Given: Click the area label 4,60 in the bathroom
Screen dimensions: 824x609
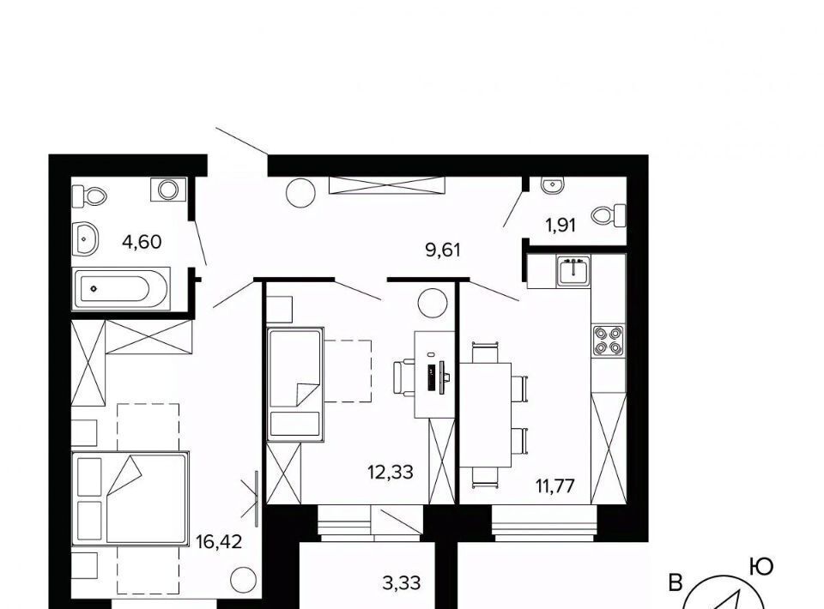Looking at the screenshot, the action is (x=142, y=242).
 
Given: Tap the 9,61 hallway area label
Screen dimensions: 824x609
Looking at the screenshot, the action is (x=443, y=250).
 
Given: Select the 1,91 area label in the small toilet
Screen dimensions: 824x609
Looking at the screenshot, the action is (x=560, y=226).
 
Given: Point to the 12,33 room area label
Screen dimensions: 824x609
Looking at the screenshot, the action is (x=391, y=473).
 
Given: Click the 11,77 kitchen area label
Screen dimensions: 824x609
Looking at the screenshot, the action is (x=555, y=485).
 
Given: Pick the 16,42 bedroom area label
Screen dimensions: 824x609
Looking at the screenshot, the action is (x=219, y=541).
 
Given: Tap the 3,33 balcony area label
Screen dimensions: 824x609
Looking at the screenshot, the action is (x=402, y=582).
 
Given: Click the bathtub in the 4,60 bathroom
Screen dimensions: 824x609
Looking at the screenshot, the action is (x=121, y=288).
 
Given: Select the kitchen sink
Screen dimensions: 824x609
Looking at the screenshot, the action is (x=574, y=271).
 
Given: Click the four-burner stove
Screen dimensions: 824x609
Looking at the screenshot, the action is (x=609, y=340).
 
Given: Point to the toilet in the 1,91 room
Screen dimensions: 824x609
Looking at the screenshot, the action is (x=609, y=215).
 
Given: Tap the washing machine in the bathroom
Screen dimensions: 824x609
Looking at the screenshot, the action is (x=168, y=190).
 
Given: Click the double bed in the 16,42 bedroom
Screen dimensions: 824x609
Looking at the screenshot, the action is (x=130, y=497).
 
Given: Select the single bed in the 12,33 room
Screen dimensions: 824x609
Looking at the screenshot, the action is (x=294, y=384).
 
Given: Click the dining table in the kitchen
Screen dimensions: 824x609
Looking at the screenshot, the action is (x=486, y=415).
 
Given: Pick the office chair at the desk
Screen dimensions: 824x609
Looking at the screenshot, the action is (x=404, y=377).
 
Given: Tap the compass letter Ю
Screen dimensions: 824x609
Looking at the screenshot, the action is (x=761, y=567).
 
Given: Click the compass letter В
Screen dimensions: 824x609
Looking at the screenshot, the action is (x=676, y=582).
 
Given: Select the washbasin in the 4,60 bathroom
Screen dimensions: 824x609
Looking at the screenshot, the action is (x=85, y=238).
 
